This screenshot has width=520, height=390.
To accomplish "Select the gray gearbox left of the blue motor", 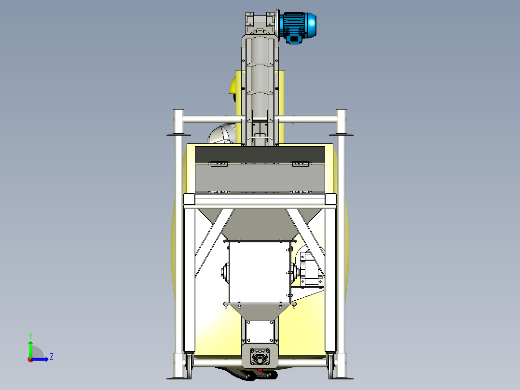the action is [260, 23].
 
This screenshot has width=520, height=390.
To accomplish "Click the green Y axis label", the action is [30, 335].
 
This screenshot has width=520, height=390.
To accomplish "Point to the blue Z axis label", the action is [52, 357].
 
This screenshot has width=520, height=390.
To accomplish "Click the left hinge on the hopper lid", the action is [219, 164].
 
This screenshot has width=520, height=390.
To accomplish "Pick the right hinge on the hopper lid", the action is [301, 164].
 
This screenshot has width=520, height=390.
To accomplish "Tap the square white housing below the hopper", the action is [260, 272].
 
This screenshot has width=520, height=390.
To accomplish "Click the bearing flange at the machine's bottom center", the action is [260, 357].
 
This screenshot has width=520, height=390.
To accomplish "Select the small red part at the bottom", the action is [260, 369].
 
